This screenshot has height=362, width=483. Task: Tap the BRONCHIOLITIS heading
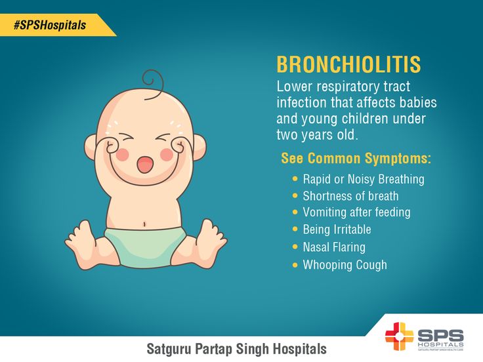click(348, 64)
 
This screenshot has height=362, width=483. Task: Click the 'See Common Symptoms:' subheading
click(356, 158)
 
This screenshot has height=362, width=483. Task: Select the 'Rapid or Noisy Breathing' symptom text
click(364, 179)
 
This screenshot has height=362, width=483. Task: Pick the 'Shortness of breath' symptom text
click(350, 196)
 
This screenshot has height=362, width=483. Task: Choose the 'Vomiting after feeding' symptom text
click(356, 212)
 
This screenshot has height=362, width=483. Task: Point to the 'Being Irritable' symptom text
click(337, 230)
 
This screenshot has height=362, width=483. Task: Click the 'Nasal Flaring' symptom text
click(334, 247)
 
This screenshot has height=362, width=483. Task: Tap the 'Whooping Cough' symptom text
click(345, 265)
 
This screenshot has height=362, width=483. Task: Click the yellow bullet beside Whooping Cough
click(295, 265)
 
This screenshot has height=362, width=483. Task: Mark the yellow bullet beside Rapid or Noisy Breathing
click(295, 179)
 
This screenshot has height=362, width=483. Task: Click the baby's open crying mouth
click(145, 165)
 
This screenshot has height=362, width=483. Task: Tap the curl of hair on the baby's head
click(153, 84)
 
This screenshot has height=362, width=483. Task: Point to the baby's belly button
click(144, 224)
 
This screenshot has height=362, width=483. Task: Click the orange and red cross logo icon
click(399, 336)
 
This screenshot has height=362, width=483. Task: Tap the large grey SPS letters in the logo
click(440, 335)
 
